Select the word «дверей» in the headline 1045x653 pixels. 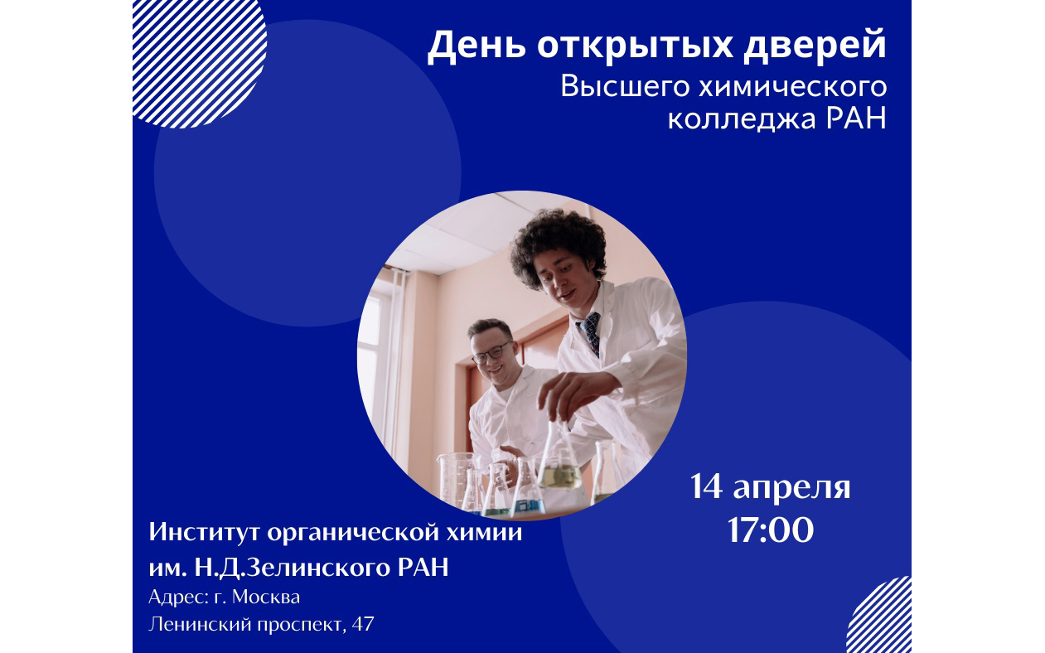815,46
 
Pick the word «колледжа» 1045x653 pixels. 742,119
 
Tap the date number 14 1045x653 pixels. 707,487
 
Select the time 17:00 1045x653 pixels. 770,530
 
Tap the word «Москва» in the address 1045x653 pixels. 266,597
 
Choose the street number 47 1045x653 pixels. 363,624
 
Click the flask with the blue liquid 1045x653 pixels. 527,489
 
